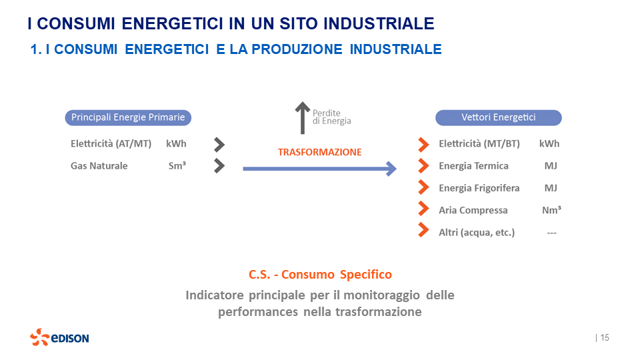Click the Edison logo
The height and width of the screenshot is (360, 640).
(59, 337)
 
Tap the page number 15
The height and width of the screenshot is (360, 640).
(605, 337)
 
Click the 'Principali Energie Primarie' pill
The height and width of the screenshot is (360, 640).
(128, 118)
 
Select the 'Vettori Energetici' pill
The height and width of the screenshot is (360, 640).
(498, 118)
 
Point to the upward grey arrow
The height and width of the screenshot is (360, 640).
(303, 117)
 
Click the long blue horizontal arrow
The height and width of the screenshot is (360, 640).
(319, 169)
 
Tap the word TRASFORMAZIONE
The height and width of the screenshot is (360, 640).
(319, 152)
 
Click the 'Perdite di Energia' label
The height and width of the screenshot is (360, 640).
(331, 117)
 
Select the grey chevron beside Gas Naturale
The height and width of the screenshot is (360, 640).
(219, 166)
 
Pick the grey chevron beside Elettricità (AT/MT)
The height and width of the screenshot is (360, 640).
(219, 144)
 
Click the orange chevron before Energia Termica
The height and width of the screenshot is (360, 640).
(423, 166)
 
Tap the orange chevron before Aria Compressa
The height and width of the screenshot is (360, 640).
(423, 210)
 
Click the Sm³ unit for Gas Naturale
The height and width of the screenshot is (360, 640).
(177, 166)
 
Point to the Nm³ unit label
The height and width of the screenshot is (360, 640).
(551, 210)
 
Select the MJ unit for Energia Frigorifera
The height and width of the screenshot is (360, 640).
(551, 188)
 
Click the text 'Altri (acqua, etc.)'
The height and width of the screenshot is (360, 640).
(477, 233)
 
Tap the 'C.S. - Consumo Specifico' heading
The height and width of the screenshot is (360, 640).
(320, 275)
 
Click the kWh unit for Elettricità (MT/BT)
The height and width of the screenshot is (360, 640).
(549, 144)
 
